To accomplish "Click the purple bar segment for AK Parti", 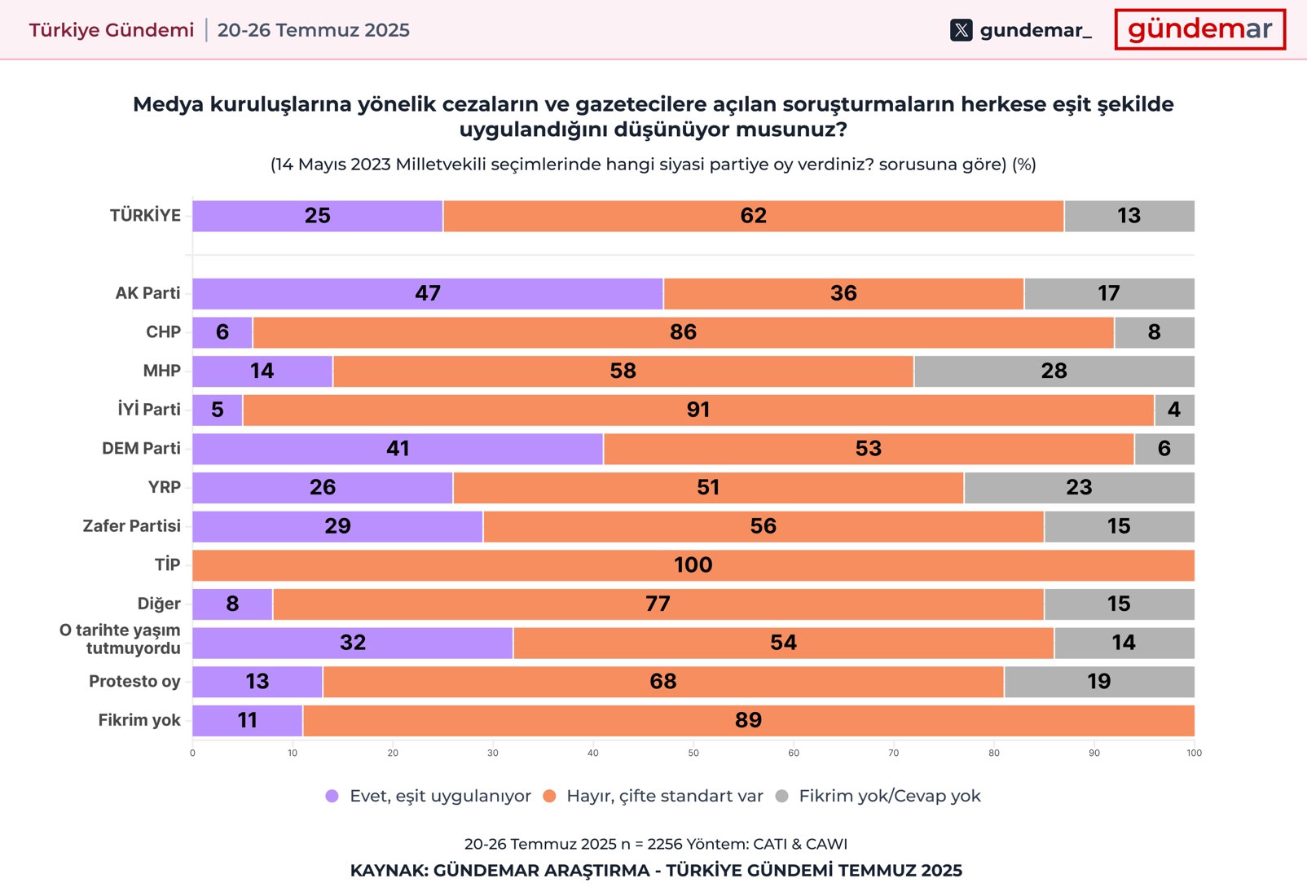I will (x=428, y=294).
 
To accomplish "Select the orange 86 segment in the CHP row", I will (x=683, y=332).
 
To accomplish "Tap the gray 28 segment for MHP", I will (x=1054, y=371).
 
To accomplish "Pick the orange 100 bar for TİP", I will (x=693, y=565).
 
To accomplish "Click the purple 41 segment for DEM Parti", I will (x=398, y=449).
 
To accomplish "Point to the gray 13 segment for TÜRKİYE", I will (x=1129, y=216).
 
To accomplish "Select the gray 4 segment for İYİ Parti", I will (x=1173, y=410).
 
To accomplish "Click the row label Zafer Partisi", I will (x=132, y=526).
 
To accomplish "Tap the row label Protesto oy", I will (x=134, y=682).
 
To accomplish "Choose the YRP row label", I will (x=164, y=487).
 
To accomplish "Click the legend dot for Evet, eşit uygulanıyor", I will (x=332, y=797).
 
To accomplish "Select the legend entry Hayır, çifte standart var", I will (x=664, y=797).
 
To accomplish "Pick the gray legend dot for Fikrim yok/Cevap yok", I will (x=782, y=797).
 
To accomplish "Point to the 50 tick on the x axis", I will (x=693, y=753).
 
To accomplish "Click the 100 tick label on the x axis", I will (x=1194, y=753).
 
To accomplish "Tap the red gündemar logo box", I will (x=1199, y=30).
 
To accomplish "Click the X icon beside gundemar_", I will (x=962, y=31).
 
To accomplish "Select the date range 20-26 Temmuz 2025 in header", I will (x=314, y=30).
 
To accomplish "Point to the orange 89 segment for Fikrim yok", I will (x=748, y=721).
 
